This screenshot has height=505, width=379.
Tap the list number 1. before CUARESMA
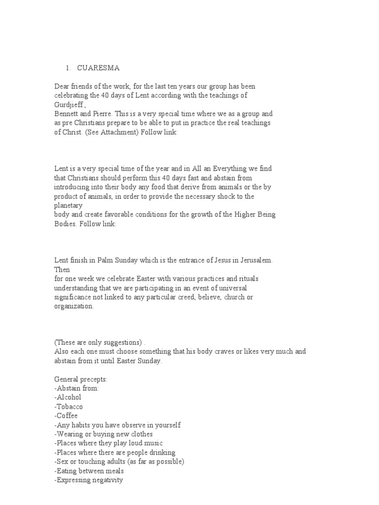pos(69,68)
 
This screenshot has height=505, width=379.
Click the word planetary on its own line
pos(68,205)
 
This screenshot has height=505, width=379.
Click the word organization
pos(74,306)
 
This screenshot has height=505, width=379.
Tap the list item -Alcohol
pos(68,397)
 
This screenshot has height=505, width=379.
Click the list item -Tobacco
pos(69,406)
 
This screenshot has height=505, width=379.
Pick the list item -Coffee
pos(66,415)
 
